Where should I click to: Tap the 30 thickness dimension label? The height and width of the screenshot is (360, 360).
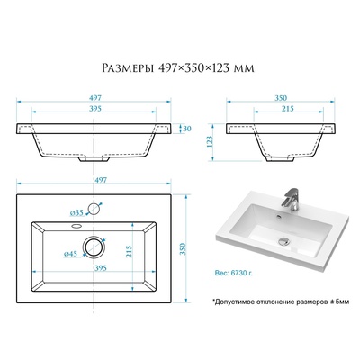[x=187, y=129]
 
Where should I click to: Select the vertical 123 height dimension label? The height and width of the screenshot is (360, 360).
[x=210, y=141]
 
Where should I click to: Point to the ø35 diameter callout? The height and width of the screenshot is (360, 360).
[x=76, y=213]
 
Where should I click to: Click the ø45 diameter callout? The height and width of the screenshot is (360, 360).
[x=70, y=254]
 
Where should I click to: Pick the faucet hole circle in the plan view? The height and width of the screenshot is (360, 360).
[x=94, y=209]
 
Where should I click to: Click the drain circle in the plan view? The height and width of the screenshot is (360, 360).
[x=94, y=247]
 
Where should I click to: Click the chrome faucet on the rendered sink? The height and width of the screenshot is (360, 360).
[x=291, y=200]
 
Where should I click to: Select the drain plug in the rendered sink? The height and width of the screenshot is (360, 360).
[x=283, y=240]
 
